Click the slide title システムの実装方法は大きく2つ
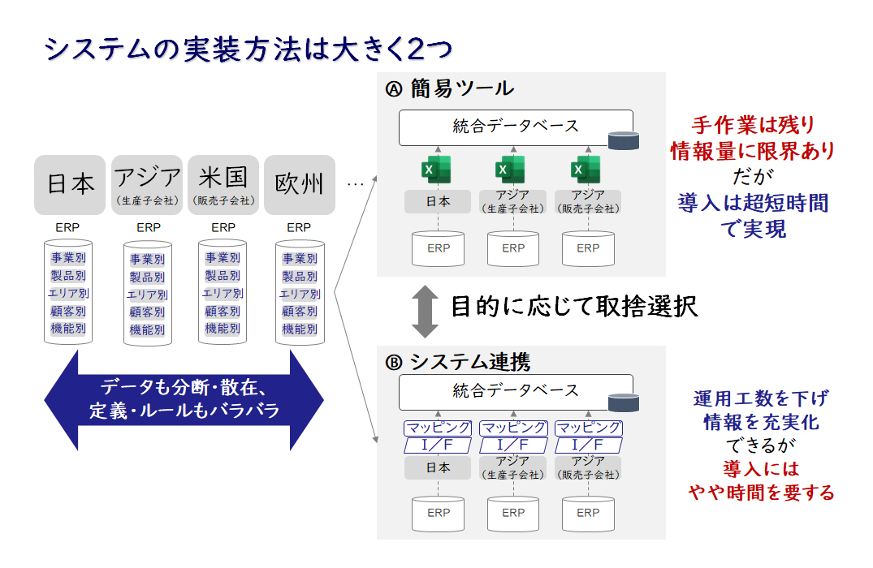pos(249,49)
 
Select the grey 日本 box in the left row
pos(70,185)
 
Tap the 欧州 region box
pos(300,185)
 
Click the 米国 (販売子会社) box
pos(223,185)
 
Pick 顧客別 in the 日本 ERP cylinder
pos(68,311)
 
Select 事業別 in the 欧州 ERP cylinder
pos(300,259)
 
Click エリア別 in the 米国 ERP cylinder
pos(223,293)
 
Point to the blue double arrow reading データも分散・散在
pos(184,399)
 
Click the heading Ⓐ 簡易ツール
pos(450,88)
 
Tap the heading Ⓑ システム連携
pos(458,362)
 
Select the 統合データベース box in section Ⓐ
pos(516,127)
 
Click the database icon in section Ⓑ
pos(624,402)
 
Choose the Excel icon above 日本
pos(437,170)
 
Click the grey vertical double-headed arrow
pos(425,312)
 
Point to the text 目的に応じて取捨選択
pos(574,307)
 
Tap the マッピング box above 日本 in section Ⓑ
pos(438,428)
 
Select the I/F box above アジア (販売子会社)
pos(589,445)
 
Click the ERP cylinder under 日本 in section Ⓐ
pos(439,248)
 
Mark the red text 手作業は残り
pos(754,125)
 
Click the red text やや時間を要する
pos(761,493)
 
